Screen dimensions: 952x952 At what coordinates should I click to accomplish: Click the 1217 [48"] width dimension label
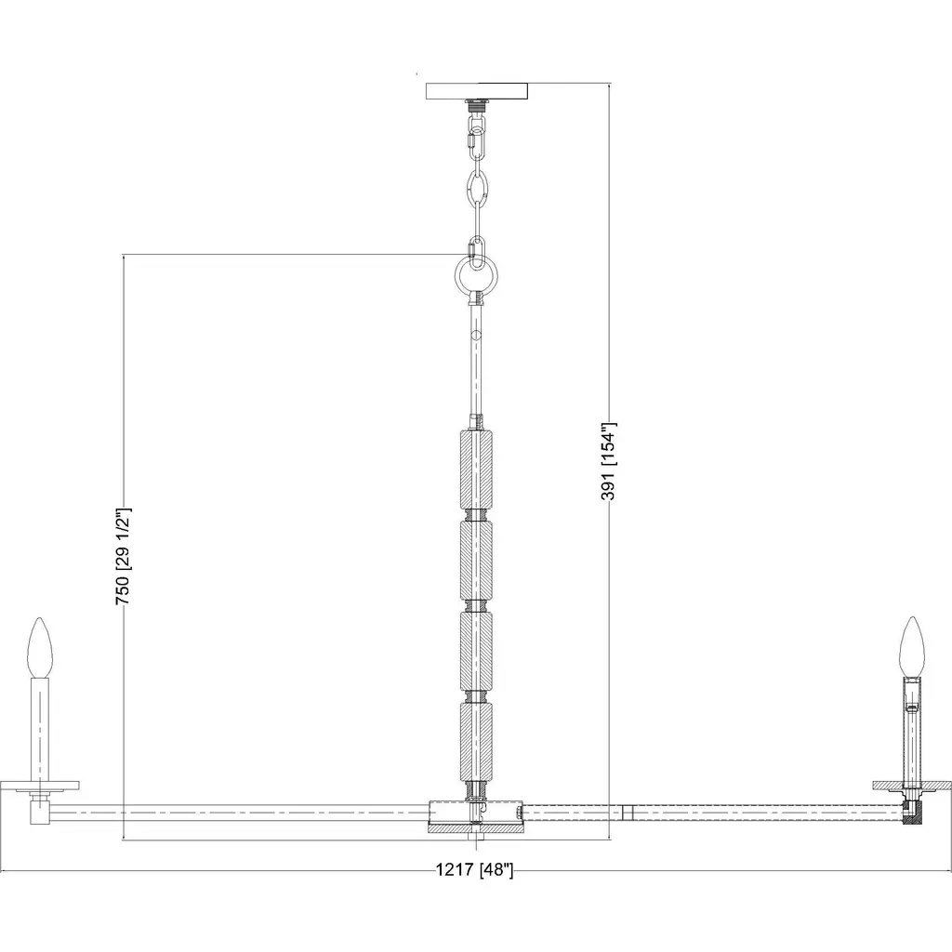474,870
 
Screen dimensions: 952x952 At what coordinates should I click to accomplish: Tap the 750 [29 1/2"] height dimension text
124,557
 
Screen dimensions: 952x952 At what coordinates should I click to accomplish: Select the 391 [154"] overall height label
608,461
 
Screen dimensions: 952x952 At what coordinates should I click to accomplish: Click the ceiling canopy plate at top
477,91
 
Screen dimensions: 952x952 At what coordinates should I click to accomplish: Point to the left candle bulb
41,647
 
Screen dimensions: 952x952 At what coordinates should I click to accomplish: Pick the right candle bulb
912,647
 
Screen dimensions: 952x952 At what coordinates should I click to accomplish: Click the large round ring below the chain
477,274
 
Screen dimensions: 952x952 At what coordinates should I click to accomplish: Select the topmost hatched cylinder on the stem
477,469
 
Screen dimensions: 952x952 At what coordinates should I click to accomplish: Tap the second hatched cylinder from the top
477,561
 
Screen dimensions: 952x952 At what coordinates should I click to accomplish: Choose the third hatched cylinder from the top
477,651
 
